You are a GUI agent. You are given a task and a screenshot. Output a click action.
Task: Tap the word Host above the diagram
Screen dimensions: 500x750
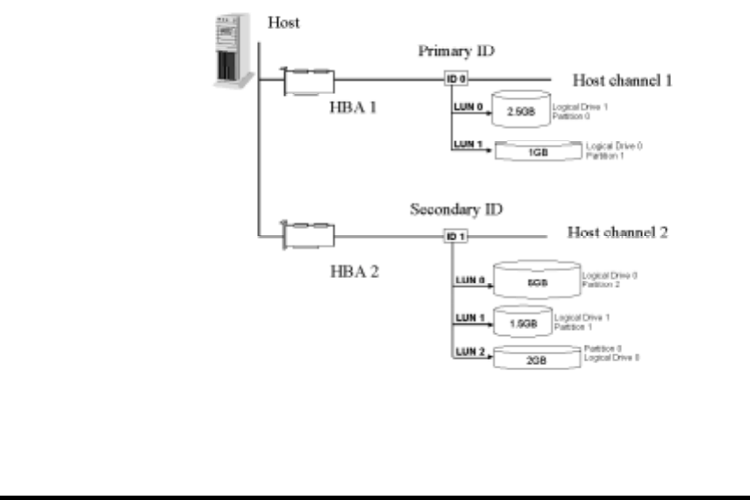coord(283,23)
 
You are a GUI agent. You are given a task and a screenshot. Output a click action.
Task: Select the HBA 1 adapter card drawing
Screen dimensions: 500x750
coord(308,82)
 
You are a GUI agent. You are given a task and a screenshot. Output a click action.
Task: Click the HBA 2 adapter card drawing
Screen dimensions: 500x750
coord(308,235)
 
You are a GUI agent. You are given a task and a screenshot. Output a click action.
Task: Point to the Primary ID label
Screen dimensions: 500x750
coord(456,51)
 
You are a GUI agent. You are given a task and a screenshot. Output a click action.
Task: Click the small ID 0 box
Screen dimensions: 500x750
coord(456,79)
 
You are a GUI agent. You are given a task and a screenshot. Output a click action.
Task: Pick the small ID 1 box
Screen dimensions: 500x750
coord(454,236)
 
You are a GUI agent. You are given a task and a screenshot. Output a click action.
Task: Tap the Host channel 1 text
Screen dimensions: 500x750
coord(622,80)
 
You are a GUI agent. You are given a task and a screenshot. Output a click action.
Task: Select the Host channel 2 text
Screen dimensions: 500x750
coord(618,232)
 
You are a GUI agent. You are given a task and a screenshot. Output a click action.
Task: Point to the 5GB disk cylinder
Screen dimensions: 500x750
coord(537,278)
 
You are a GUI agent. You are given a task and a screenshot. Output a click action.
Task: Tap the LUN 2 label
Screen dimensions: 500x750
coord(468,352)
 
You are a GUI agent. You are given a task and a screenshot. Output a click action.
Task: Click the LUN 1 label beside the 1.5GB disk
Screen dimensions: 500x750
coord(468,317)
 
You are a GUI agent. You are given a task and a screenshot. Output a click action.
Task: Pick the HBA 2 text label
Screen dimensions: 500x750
coord(354,271)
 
